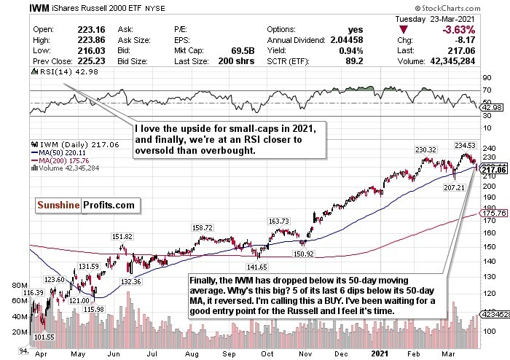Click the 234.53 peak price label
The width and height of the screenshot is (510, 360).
(x=466, y=145)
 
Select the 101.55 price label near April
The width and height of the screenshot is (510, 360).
(x=46, y=337)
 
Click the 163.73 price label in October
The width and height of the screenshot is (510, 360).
(x=280, y=221)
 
